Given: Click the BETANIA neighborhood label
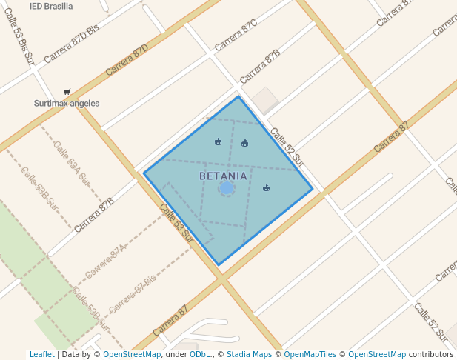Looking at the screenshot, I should (223, 176).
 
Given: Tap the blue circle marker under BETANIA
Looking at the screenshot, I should (227, 188).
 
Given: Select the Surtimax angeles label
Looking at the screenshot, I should (67, 104).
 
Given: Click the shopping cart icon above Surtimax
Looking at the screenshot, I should (67, 92).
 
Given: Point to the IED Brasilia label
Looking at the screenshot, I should (51, 6).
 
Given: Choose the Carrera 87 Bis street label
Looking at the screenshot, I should (133, 294).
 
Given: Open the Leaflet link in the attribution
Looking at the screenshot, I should (41, 354).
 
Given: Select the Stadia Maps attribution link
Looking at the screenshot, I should (249, 354).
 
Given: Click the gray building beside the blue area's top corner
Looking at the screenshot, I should (264, 100).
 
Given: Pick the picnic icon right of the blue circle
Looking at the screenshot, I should (266, 187).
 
